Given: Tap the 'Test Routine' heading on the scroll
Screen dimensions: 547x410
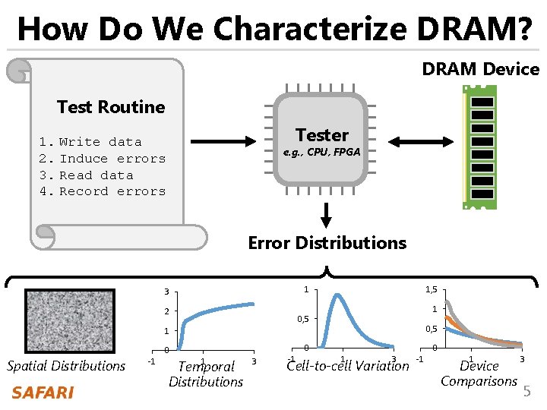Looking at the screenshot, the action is pos(111,107).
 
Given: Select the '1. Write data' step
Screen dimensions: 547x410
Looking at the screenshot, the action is pos(90,142).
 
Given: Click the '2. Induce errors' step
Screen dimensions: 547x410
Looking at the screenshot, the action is pos(103,159).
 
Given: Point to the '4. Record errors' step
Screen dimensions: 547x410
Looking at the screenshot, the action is pos(103,191).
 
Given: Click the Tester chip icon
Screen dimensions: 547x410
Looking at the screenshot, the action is pos(321,140).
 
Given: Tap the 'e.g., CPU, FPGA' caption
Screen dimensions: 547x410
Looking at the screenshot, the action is pos(321,153).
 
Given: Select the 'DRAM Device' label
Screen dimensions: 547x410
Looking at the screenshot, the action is pos(480,69).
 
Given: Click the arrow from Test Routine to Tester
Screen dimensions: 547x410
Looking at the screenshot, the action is pos(220,140).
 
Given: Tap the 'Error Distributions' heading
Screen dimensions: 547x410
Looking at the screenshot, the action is pos(327,243).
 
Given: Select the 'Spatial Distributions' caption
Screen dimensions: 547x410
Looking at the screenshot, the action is pos(66,366).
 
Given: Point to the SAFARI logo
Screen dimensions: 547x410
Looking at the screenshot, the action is pos(43,393).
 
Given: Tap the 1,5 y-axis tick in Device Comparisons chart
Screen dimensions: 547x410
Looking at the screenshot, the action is pos(430,289).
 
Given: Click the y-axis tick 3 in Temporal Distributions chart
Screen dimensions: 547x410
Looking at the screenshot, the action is pos(166,292).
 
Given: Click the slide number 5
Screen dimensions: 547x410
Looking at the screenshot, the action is pos(527,392).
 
